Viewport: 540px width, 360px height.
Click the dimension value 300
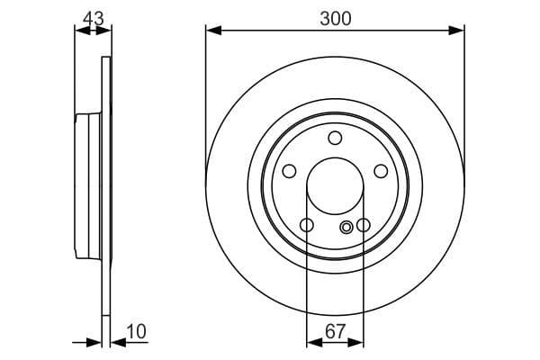click(x=335, y=17)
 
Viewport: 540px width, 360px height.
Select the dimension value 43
click(x=93, y=17)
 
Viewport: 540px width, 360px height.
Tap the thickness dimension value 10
click(x=137, y=332)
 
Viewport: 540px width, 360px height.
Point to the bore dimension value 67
click(x=335, y=332)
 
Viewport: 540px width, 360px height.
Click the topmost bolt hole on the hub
click(x=335, y=138)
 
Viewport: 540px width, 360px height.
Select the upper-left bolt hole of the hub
click(x=289, y=171)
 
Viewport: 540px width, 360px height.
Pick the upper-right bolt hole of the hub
click(x=381, y=171)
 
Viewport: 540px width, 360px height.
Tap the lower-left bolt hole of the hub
click(x=306, y=225)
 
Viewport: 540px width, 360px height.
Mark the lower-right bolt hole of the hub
click(x=364, y=225)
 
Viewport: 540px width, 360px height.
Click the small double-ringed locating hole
click(x=347, y=229)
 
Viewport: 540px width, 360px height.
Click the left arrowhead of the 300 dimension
click(x=212, y=31)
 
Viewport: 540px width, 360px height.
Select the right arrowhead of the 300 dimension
click(x=458, y=31)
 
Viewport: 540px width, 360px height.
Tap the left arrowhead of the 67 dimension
click(x=312, y=342)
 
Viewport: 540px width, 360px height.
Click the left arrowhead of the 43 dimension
click(x=80, y=31)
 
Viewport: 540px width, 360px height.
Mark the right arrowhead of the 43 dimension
click(x=106, y=31)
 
